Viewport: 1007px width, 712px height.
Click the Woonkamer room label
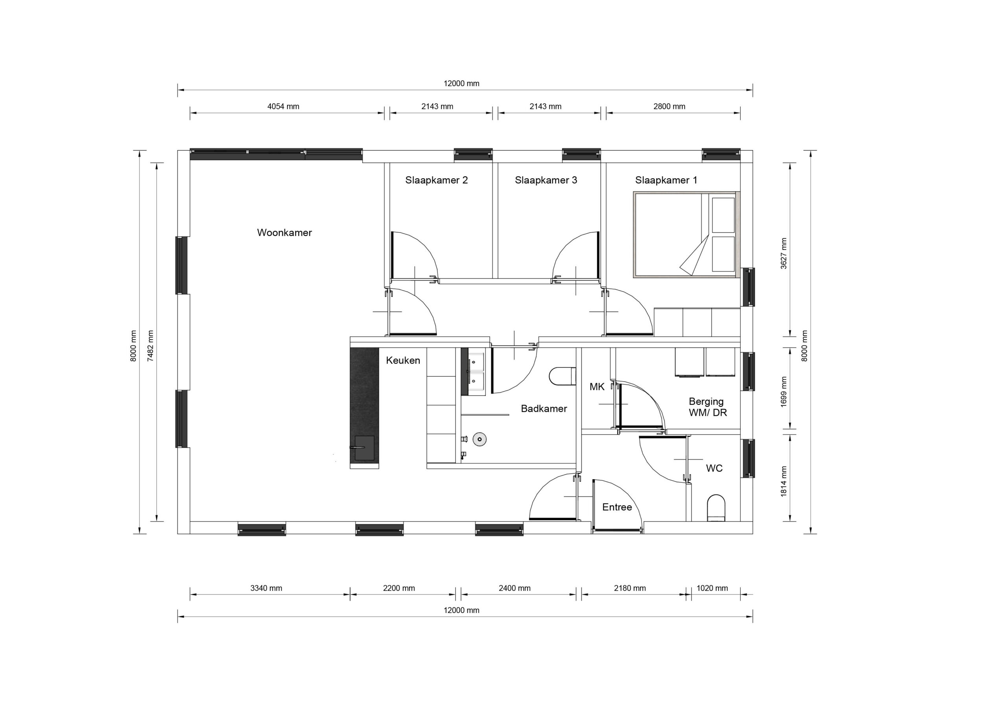[284, 232]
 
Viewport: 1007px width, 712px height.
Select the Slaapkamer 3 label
[546, 180]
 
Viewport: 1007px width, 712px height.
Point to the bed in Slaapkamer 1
[687, 235]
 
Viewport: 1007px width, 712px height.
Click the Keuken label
[403, 360]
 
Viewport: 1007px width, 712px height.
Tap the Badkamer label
[544, 408]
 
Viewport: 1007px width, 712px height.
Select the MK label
[597, 387]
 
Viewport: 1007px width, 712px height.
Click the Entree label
[617, 507]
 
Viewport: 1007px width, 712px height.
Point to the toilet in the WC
[716, 508]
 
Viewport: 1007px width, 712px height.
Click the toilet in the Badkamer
[562, 376]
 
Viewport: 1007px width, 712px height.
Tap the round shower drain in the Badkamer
[480, 439]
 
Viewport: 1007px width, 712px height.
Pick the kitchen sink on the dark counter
[363, 448]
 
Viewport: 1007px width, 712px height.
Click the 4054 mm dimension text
[283, 106]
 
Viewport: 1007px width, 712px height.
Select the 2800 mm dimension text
[669, 106]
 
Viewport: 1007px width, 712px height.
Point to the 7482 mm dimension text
[151, 346]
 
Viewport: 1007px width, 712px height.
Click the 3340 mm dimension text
[266, 588]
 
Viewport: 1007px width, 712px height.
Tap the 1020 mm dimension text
[712, 588]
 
